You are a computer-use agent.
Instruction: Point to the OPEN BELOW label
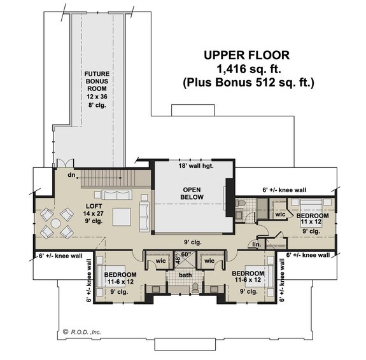(x=192, y=193)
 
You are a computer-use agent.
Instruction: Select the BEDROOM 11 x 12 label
(x=312, y=220)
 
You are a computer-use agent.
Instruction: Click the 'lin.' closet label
(x=257, y=244)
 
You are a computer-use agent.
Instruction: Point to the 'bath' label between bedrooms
(x=185, y=275)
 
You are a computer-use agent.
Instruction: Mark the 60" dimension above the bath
(x=185, y=254)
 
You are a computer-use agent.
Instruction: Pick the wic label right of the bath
(x=209, y=261)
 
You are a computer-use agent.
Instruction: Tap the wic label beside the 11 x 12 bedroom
(x=280, y=214)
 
